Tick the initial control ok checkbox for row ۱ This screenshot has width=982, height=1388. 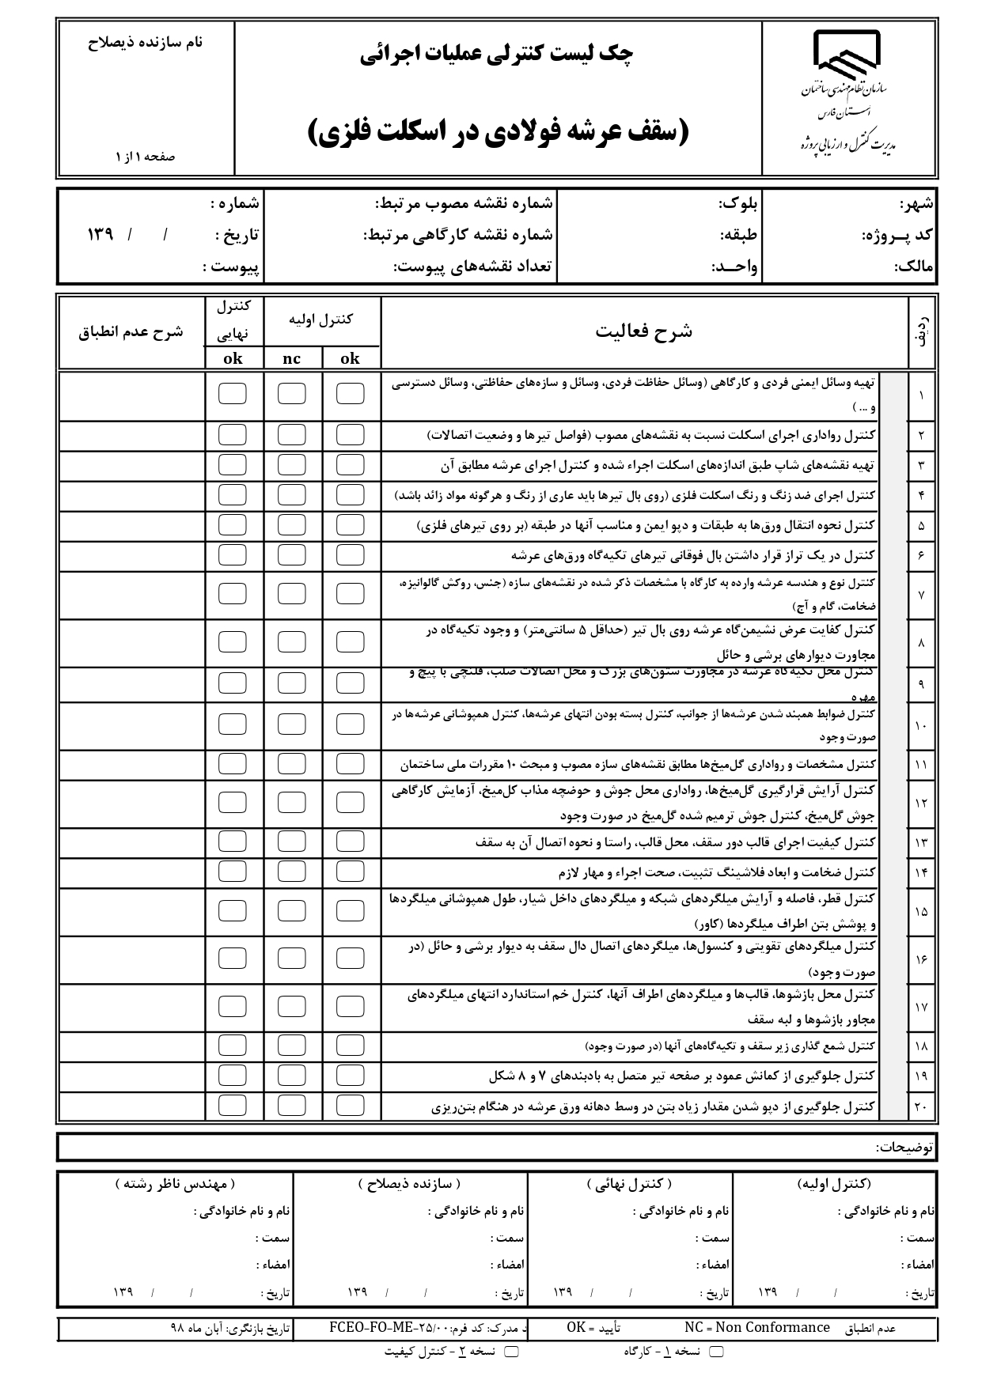(x=351, y=394)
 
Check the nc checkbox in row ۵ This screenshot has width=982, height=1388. (x=291, y=525)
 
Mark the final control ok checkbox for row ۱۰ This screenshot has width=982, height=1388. (x=232, y=724)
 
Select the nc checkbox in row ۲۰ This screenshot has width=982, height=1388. (x=291, y=1105)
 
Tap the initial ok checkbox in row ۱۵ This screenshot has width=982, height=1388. (x=351, y=911)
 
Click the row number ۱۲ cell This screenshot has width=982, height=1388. (x=921, y=803)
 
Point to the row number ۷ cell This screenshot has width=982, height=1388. (x=921, y=594)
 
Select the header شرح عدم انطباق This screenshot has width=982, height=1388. (x=131, y=332)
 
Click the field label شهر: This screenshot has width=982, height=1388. (x=917, y=204)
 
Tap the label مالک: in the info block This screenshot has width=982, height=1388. (x=916, y=267)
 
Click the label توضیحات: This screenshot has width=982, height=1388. (x=904, y=1146)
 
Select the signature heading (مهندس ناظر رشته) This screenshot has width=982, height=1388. (x=175, y=1184)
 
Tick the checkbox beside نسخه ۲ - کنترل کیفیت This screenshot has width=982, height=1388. (x=512, y=1352)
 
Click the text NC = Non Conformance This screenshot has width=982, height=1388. (x=756, y=1327)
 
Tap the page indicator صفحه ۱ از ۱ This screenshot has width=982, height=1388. (x=146, y=157)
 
